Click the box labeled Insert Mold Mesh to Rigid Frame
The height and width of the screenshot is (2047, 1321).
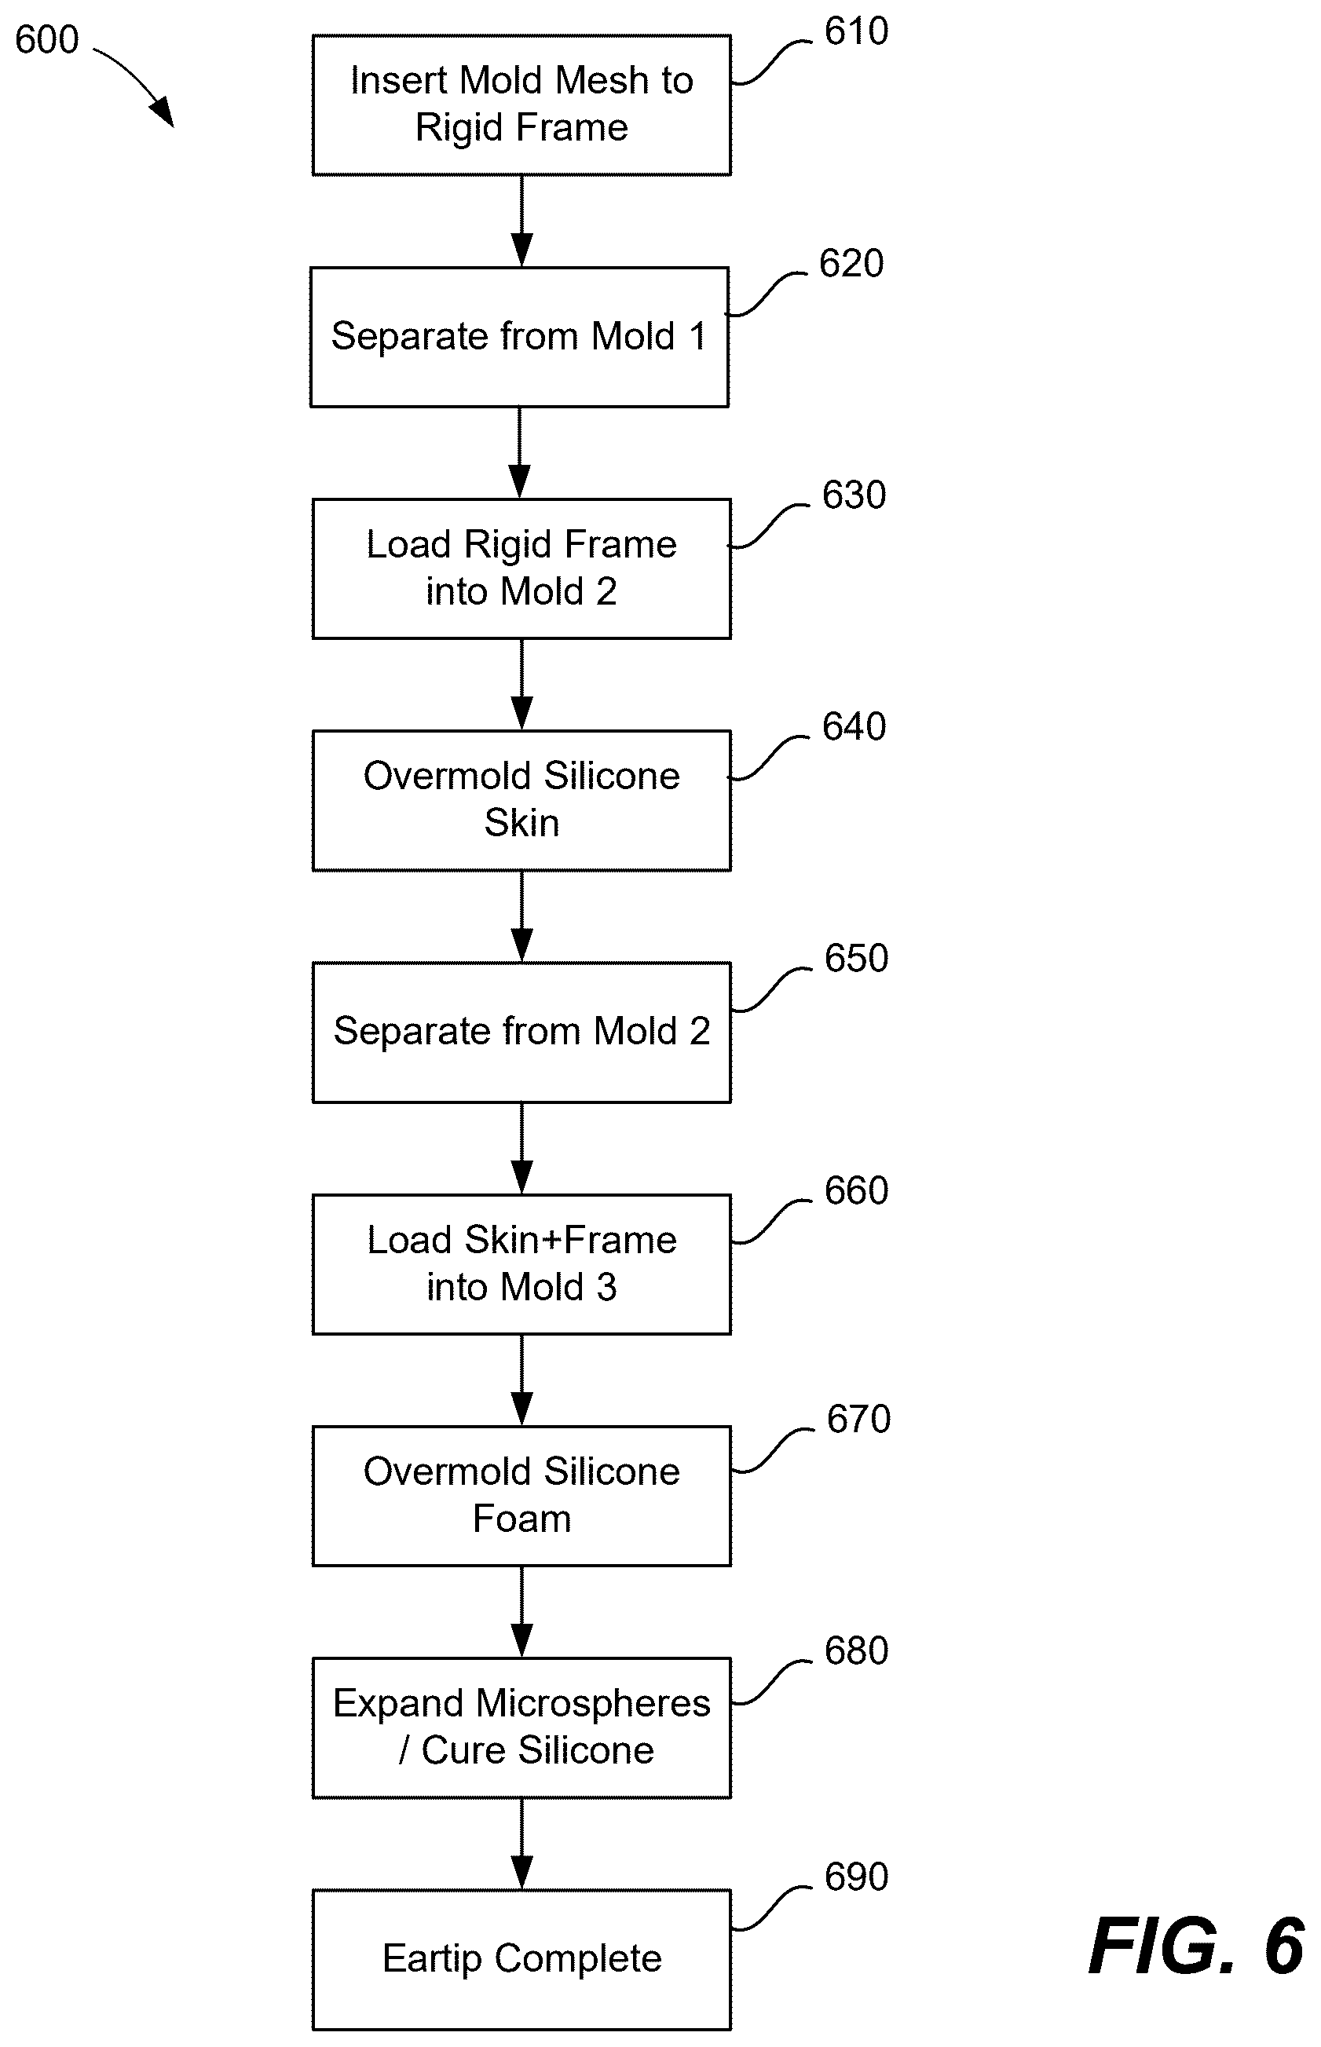(x=521, y=105)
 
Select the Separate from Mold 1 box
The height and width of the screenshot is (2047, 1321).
(x=520, y=337)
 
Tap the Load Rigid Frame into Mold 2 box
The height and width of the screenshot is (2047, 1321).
(x=521, y=568)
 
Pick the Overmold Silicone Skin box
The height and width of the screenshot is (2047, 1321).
(x=521, y=800)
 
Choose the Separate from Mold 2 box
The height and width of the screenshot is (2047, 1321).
(x=521, y=1033)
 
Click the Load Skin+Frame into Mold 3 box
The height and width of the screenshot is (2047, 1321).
(x=521, y=1264)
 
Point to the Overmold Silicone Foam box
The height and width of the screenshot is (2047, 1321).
(x=521, y=1497)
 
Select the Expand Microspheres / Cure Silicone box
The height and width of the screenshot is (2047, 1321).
(x=521, y=1728)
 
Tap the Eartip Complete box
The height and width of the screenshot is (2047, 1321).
(x=521, y=1960)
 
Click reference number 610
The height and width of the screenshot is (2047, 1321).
(x=856, y=31)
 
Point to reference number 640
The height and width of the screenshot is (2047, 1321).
(x=854, y=727)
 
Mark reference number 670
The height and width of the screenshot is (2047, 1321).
(x=858, y=1420)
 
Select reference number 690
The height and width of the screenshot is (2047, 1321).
(x=856, y=1877)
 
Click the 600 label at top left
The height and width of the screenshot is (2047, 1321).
(x=47, y=39)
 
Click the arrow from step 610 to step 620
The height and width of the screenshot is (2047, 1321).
(x=521, y=221)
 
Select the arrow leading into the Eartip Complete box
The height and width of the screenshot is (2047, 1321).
(x=521, y=1844)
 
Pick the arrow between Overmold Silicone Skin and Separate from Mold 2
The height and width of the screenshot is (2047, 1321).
(x=521, y=917)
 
